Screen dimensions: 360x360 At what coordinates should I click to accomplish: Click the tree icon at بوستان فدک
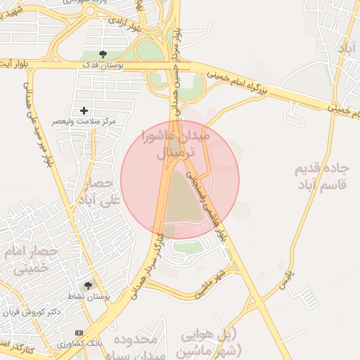[103, 53]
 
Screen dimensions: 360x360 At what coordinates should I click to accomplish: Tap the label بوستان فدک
[104, 65]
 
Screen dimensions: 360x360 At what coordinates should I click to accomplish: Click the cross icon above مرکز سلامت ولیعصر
[84, 110]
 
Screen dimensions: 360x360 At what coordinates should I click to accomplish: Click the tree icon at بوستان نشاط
[87, 285]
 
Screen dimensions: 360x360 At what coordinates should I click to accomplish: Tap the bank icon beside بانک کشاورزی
[78, 333]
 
